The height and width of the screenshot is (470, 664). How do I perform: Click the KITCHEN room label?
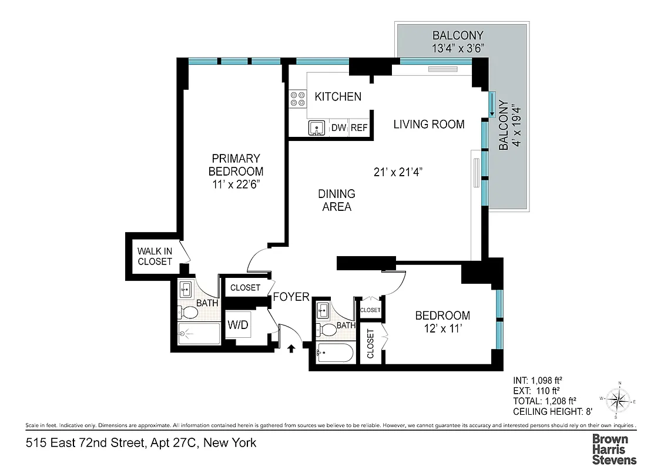[x=338, y=96]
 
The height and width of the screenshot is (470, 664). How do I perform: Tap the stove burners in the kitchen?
[x=298, y=98]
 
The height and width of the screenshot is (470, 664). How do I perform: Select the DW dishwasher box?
[x=338, y=127]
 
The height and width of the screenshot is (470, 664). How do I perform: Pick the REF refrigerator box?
[x=359, y=127]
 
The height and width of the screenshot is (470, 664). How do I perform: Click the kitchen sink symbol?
[x=317, y=127]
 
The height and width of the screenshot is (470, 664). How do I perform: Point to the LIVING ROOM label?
[x=428, y=124]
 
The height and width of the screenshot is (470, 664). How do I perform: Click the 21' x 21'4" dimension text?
[x=398, y=172]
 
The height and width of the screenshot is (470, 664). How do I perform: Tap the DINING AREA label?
[x=336, y=200]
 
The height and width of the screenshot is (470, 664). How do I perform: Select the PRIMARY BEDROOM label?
[x=236, y=171]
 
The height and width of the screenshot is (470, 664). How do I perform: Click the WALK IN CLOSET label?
[x=155, y=256]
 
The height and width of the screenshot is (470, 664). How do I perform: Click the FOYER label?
[x=291, y=297]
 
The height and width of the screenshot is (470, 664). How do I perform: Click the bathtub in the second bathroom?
[x=334, y=354]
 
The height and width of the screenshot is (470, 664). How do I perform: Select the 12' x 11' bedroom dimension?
[x=444, y=330]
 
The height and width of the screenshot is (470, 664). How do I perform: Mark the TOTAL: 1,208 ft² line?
[x=544, y=401]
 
